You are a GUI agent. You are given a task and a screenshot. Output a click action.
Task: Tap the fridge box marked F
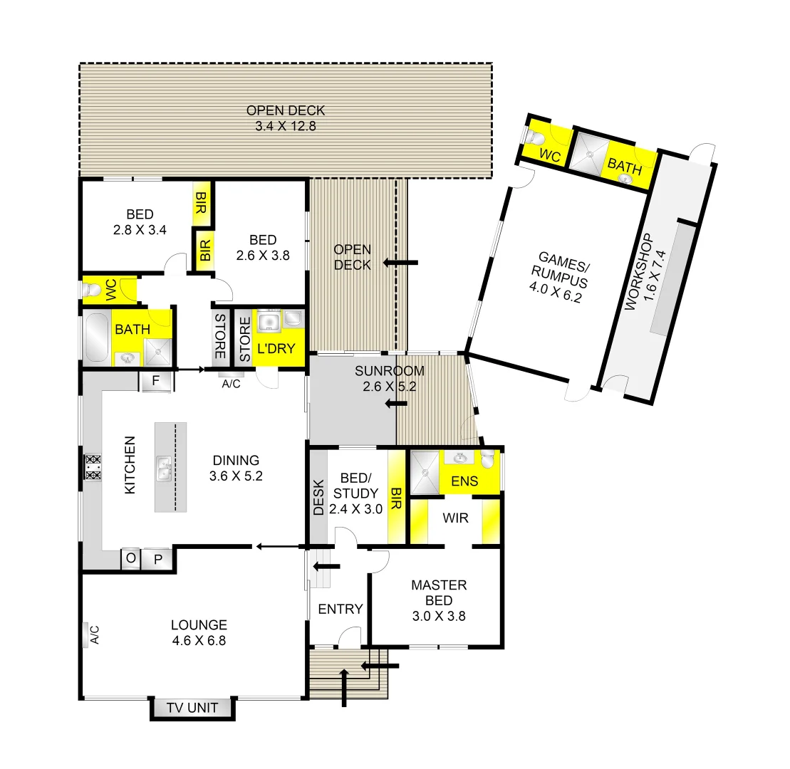155,381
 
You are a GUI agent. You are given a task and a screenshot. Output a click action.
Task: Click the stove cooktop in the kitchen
93,466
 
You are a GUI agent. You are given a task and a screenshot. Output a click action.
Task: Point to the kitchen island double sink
164,467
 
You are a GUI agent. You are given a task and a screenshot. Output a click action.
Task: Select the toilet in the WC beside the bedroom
91,290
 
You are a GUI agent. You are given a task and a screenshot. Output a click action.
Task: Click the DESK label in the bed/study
318,497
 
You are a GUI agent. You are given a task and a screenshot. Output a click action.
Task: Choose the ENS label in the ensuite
464,482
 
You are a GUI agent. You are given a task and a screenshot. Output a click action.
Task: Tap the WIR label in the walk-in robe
455,518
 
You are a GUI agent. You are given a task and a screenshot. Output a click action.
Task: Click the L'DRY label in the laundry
271,351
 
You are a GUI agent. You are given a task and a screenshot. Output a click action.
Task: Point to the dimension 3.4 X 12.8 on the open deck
285,127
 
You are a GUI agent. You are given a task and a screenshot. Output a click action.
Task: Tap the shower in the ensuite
425,471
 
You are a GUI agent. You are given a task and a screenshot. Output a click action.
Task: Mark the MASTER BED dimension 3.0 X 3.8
439,617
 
